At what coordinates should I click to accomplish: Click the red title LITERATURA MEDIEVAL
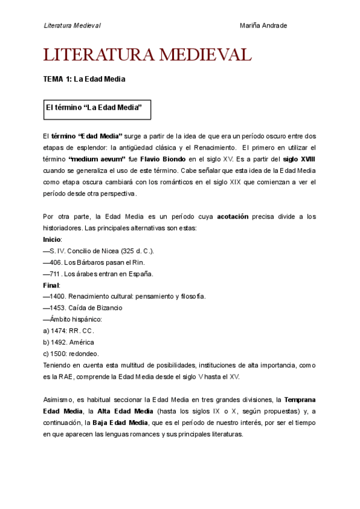click(148, 55)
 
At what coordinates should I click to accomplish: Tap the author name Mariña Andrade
click(263, 25)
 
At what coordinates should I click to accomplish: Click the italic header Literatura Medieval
click(72, 25)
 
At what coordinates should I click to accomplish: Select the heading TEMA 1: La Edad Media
click(84, 79)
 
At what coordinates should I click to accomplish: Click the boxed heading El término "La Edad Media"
click(95, 107)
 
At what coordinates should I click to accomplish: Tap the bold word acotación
click(232, 217)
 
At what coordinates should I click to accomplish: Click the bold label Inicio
click(52, 239)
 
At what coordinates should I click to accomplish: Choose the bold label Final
click(51, 285)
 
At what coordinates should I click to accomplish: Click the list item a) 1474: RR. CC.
click(69, 331)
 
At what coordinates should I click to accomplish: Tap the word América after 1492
click(82, 342)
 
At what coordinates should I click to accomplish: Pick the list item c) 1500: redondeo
click(71, 354)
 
